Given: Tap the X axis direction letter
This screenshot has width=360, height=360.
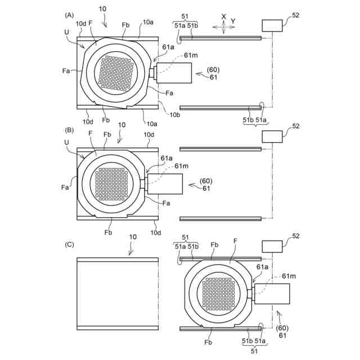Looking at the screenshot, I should [x=224, y=17].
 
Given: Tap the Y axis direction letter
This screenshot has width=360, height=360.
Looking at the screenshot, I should [x=233, y=21].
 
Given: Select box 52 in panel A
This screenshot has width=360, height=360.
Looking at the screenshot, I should [x=272, y=25].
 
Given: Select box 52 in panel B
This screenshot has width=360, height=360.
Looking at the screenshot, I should [x=272, y=136].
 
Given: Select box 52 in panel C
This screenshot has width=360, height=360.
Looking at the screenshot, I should [x=272, y=246].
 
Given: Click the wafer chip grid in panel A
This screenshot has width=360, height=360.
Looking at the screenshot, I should [x=116, y=73].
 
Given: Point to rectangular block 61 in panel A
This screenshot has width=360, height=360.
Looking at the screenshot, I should [x=174, y=73].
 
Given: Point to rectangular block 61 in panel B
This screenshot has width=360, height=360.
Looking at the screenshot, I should [x=166, y=184].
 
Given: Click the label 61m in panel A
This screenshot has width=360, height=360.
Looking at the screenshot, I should [x=191, y=56].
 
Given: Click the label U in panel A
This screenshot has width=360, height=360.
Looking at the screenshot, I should [x=67, y=33].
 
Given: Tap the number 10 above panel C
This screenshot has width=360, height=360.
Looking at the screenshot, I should [x=132, y=237].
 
